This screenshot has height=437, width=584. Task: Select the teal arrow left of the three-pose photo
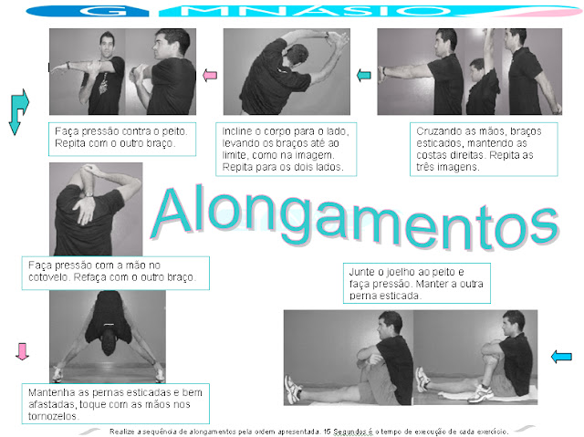pyautogui.click(x=364, y=75)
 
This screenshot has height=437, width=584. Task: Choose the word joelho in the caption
pyautogui.click(x=398, y=273)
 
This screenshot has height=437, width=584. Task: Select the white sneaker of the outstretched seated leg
pyautogui.click(x=294, y=390)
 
